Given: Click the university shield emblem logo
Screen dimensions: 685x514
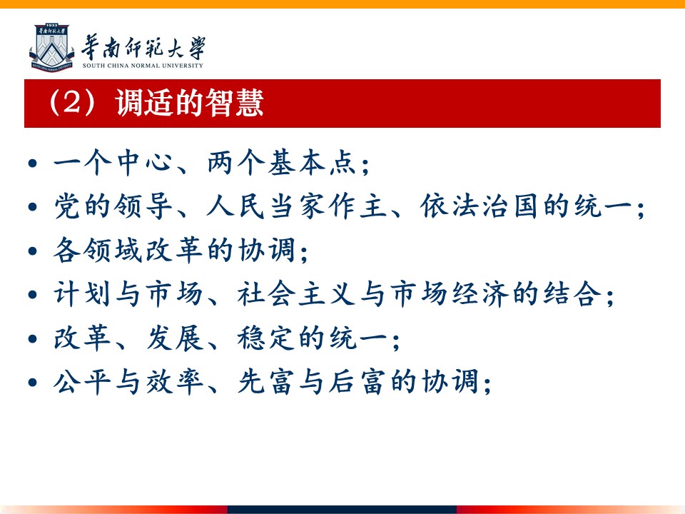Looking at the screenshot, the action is [x=52, y=48].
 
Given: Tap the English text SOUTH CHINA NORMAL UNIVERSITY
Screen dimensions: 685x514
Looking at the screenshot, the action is [x=143, y=66].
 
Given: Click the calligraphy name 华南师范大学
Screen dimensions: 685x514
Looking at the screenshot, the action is [x=143, y=47].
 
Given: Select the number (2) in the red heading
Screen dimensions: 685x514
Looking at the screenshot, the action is [x=72, y=103].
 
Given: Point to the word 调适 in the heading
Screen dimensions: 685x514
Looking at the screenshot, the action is [x=145, y=103].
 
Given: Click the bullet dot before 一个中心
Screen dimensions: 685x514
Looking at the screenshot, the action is [x=33, y=163].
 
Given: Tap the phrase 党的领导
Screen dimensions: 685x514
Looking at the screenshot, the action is [x=113, y=206].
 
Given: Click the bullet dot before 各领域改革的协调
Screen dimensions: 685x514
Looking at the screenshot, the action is [x=33, y=251].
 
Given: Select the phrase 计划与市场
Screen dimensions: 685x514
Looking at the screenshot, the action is [x=128, y=293].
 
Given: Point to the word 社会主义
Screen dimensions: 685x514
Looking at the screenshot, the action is [x=297, y=293].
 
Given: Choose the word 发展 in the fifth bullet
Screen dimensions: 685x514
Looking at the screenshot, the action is [x=174, y=338].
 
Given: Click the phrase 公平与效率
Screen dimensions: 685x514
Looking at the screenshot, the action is [x=128, y=381].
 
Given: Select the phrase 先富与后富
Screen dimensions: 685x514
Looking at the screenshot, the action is [x=312, y=381].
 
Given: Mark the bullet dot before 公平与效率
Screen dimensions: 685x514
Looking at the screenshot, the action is [x=33, y=383].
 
